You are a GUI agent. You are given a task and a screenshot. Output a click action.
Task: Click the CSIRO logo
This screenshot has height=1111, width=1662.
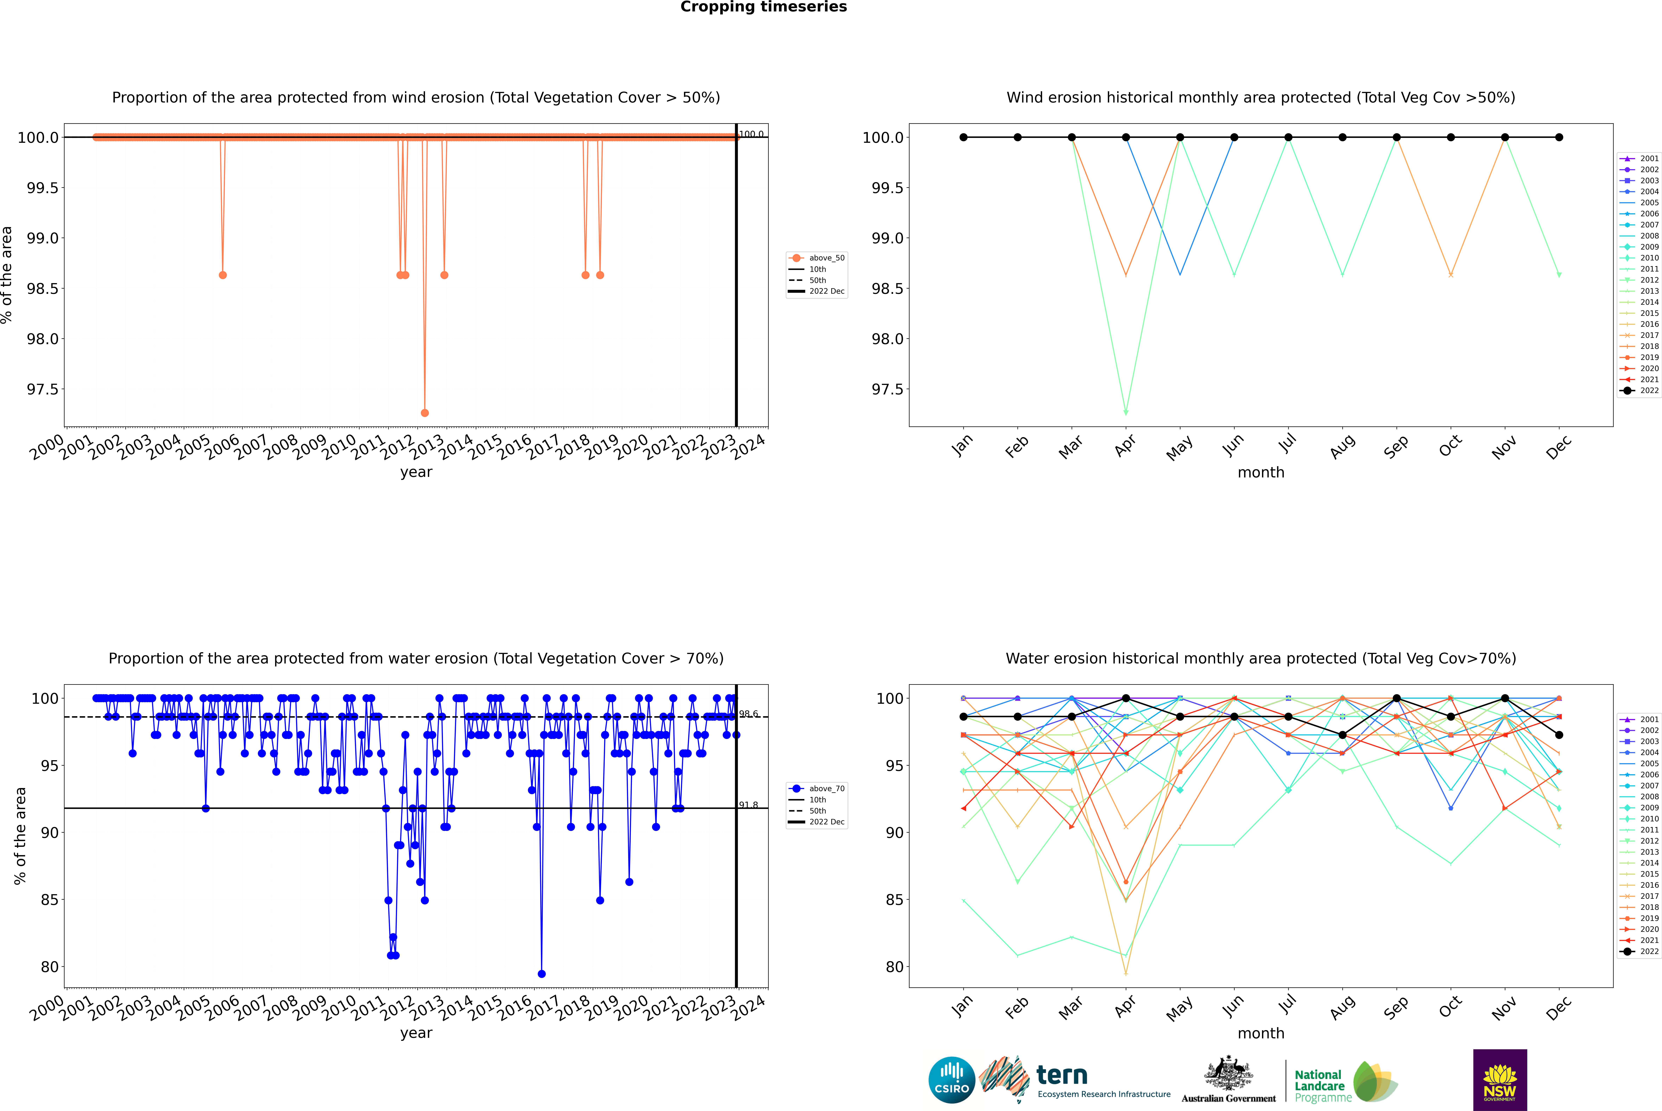click(952, 1080)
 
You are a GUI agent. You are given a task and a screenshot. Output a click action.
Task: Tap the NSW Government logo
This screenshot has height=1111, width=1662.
click(1500, 1080)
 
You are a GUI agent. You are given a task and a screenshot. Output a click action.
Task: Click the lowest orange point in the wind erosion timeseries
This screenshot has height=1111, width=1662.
click(424, 412)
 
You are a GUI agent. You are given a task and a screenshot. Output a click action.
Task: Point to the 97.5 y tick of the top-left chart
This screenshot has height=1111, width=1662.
click(43, 389)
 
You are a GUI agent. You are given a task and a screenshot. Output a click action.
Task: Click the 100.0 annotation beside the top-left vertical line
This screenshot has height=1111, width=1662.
click(751, 134)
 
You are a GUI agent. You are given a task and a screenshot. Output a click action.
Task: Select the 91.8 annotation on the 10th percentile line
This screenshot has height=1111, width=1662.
click(748, 805)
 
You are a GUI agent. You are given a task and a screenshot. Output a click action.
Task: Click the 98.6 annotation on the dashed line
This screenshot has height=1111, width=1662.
click(748, 714)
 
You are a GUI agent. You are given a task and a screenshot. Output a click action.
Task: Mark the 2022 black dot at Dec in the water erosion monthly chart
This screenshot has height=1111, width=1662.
click(1559, 735)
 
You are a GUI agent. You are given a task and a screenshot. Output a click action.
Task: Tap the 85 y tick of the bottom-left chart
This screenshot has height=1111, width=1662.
click(49, 900)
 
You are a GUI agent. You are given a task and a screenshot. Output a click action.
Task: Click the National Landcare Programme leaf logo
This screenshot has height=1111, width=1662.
click(1374, 1081)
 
